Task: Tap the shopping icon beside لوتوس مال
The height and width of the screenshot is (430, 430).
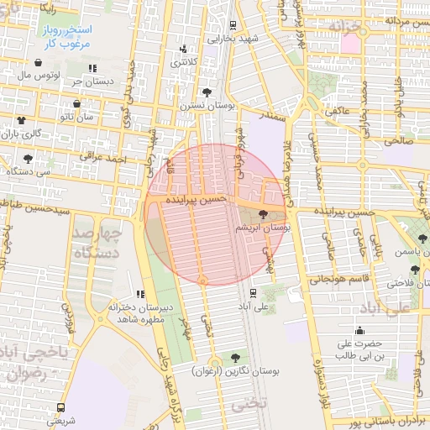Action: (39, 62)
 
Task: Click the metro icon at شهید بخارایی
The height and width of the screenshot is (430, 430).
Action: (233, 24)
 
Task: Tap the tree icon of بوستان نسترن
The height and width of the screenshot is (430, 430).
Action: (207, 92)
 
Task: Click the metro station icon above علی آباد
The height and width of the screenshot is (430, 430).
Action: (253, 292)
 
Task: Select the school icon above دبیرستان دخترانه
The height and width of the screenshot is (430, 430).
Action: (140, 294)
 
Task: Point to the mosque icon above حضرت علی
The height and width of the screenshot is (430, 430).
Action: (360, 331)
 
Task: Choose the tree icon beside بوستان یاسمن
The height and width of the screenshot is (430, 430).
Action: (422, 239)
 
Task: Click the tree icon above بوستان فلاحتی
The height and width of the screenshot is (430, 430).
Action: (415, 270)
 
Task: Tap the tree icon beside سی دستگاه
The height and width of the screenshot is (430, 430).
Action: (28, 158)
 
